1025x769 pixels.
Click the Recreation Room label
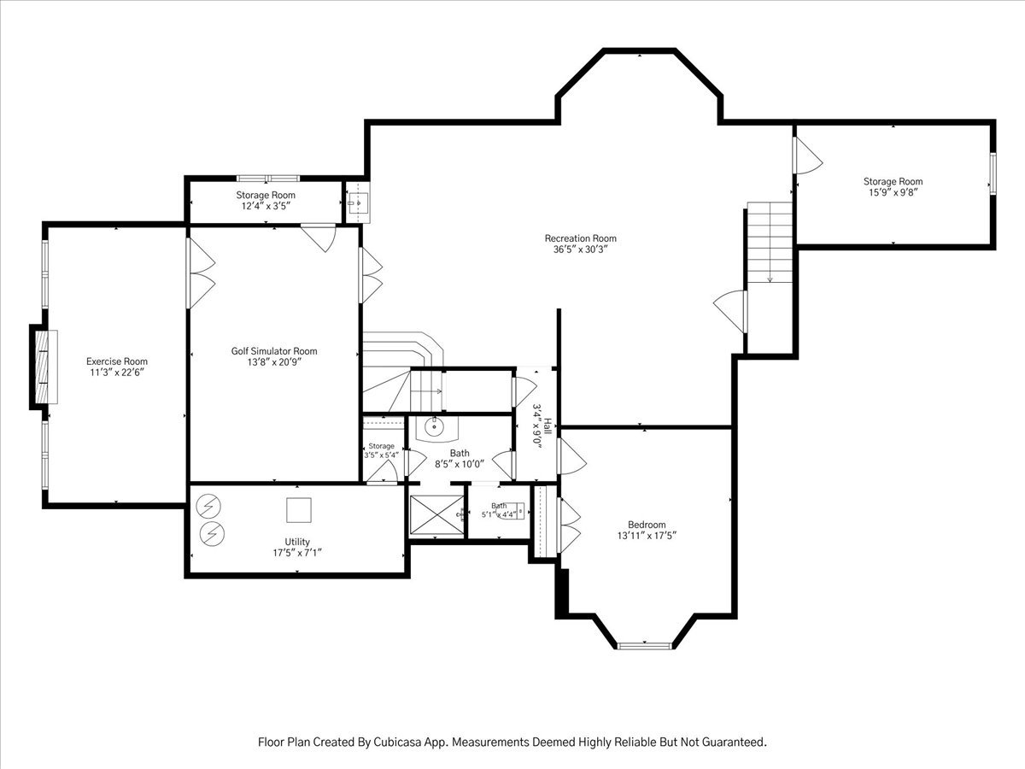click(581, 238)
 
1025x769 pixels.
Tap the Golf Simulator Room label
click(274, 351)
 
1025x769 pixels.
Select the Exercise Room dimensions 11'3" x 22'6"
click(117, 373)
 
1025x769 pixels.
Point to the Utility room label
click(297, 542)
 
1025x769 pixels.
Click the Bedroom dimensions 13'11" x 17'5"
click(647, 536)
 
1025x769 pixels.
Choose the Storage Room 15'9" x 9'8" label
click(893, 187)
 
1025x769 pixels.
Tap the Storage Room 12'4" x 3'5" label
click(266, 200)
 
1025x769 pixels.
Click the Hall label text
click(548, 426)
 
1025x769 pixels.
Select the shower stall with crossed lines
click(436, 514)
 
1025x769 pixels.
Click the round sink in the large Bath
click(434, 426)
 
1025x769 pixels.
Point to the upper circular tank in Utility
click(208, 506)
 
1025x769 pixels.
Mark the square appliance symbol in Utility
click(299, 510)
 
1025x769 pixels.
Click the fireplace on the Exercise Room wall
click(44, 367)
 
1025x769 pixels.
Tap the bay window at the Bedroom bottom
click(644, 646)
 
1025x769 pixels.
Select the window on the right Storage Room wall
click(993, 173)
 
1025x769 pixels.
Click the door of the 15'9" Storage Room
click(807, 155)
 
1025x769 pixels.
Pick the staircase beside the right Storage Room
click(770, 243)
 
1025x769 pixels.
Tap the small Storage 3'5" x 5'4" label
click(382, 450)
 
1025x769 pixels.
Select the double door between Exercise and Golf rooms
click(201, 273)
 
